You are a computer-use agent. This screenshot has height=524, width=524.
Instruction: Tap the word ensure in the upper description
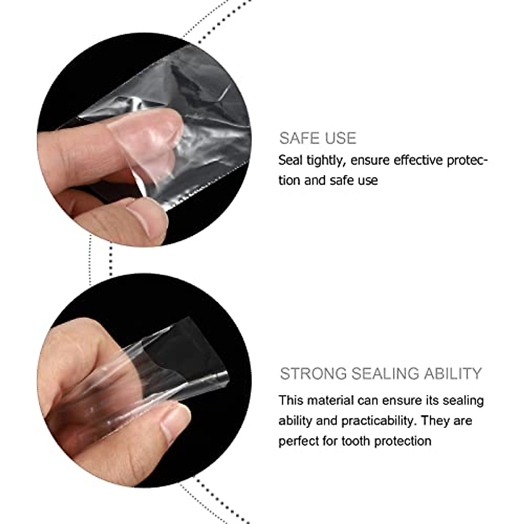(x=370, y=161)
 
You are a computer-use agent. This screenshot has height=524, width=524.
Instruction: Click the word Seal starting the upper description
(x=290, y=161)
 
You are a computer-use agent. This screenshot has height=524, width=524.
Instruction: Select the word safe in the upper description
(x=342, y=180)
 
